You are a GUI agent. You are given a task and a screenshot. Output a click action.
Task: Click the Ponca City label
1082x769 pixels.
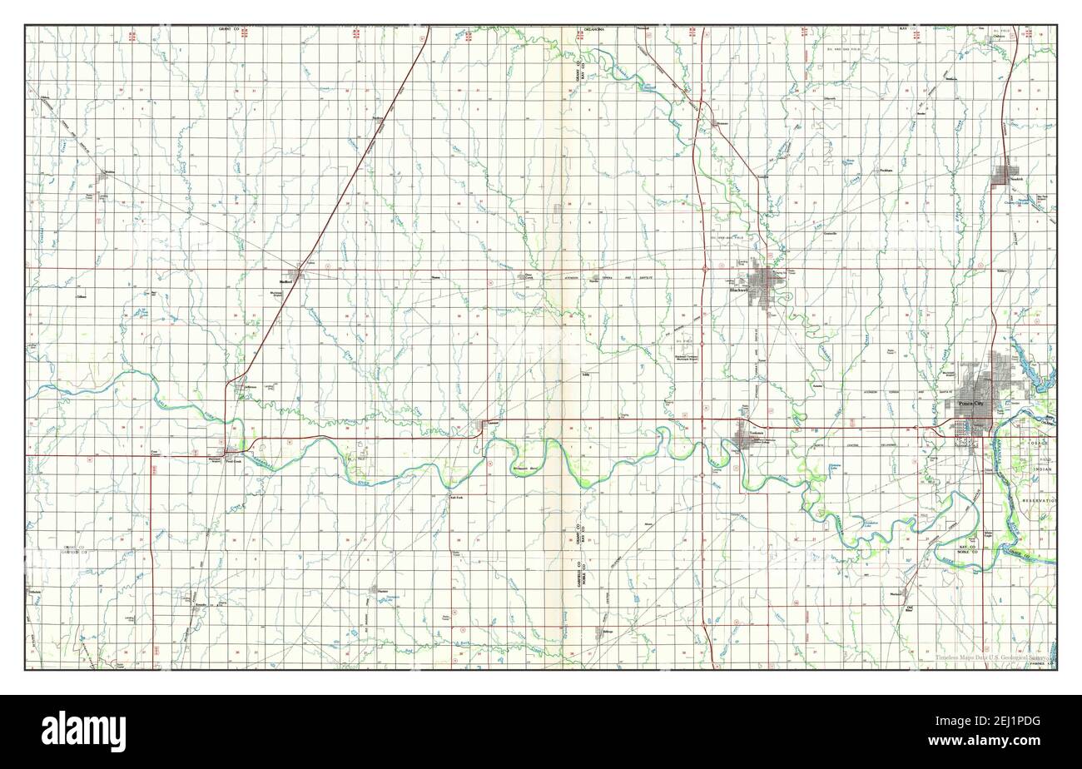click(970, 404)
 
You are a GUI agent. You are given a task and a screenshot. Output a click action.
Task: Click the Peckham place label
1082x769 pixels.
click(886, 171)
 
